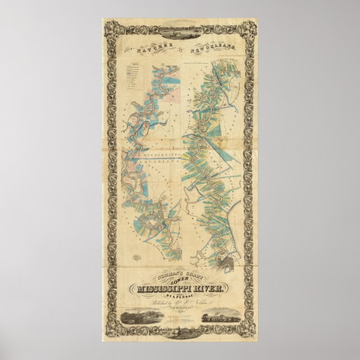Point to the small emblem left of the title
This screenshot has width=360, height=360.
tap(136, 258)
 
